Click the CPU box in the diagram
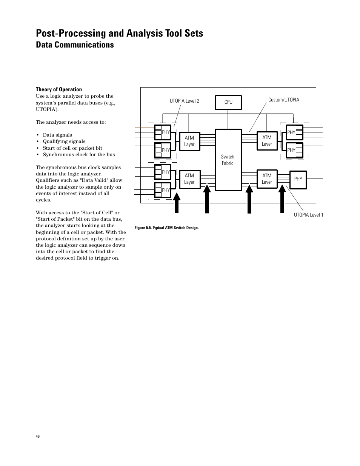228,102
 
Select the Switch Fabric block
228,160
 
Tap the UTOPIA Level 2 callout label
184,101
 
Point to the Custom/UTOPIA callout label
283,100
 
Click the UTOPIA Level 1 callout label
308,215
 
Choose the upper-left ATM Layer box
189,141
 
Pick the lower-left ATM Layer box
189,179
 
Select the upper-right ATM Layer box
267,141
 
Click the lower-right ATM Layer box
267,179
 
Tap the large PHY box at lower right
298,179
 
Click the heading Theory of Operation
59,89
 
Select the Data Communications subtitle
75,45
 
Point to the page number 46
38,436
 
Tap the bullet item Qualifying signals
64,141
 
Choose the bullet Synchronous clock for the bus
78,155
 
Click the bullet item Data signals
57,135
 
